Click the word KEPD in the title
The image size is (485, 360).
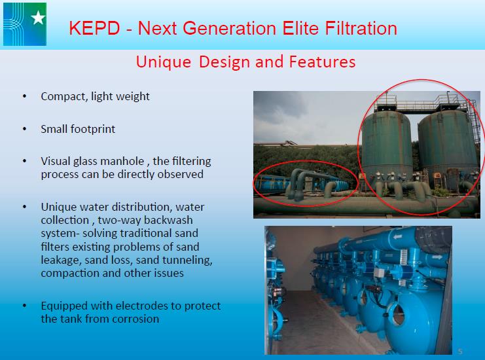94,28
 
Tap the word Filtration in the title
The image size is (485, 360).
361,28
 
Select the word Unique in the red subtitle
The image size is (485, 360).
164,62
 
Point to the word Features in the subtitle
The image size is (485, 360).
322,62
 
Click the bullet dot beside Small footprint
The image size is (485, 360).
24,129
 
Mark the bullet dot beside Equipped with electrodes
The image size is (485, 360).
24,306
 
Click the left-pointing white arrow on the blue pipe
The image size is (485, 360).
397,237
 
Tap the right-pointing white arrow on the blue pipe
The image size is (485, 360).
437,257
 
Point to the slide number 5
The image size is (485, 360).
460,351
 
